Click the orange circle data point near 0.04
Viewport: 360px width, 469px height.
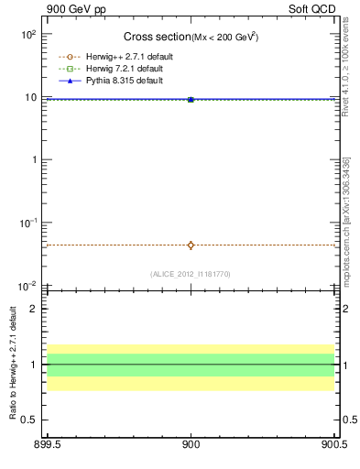click(191, 245)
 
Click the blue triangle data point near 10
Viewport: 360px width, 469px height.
click(191, 99)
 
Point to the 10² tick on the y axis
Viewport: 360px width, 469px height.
click(28, 34)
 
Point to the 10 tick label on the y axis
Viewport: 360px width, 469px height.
click(30, 97)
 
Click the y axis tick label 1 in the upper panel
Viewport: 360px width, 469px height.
click(34, 159)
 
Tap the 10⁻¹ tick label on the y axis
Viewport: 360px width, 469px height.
click(28, 223)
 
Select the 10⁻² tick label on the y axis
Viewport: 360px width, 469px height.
click(28, 286)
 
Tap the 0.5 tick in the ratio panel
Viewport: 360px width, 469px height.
click(30, 420)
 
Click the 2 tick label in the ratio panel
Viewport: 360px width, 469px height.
click(34, 309)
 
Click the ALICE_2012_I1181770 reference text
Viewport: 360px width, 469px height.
click(191, 274)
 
